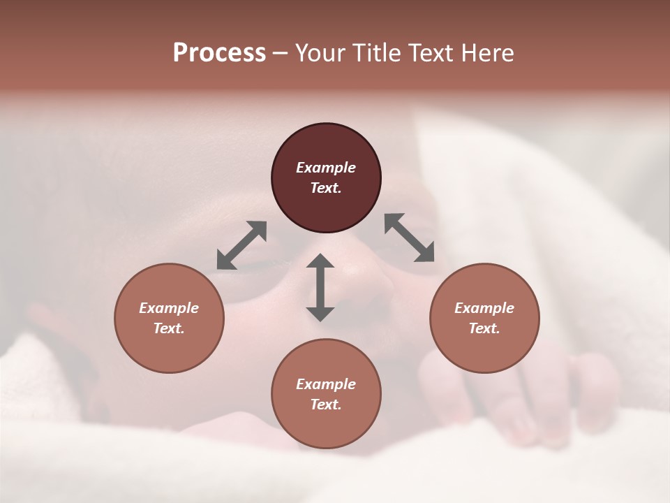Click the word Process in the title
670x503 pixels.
tap(219, 53)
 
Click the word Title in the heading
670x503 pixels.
tap(374, 53)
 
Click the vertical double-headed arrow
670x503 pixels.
tap(320, 287)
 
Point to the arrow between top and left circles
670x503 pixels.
tap(241, 245)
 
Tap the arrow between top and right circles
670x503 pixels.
tap(410, 238)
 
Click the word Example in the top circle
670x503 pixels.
tap(326, 168)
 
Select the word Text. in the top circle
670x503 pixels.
tap(326, 188)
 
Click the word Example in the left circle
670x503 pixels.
tap(169, 308)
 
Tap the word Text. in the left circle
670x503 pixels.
tap(169, 328)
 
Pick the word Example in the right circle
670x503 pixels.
tap(484, 308)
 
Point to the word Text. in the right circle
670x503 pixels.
tap(484, 328)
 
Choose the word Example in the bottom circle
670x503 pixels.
tap(326, 384)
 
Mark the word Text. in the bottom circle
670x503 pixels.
tap(326, 404)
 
